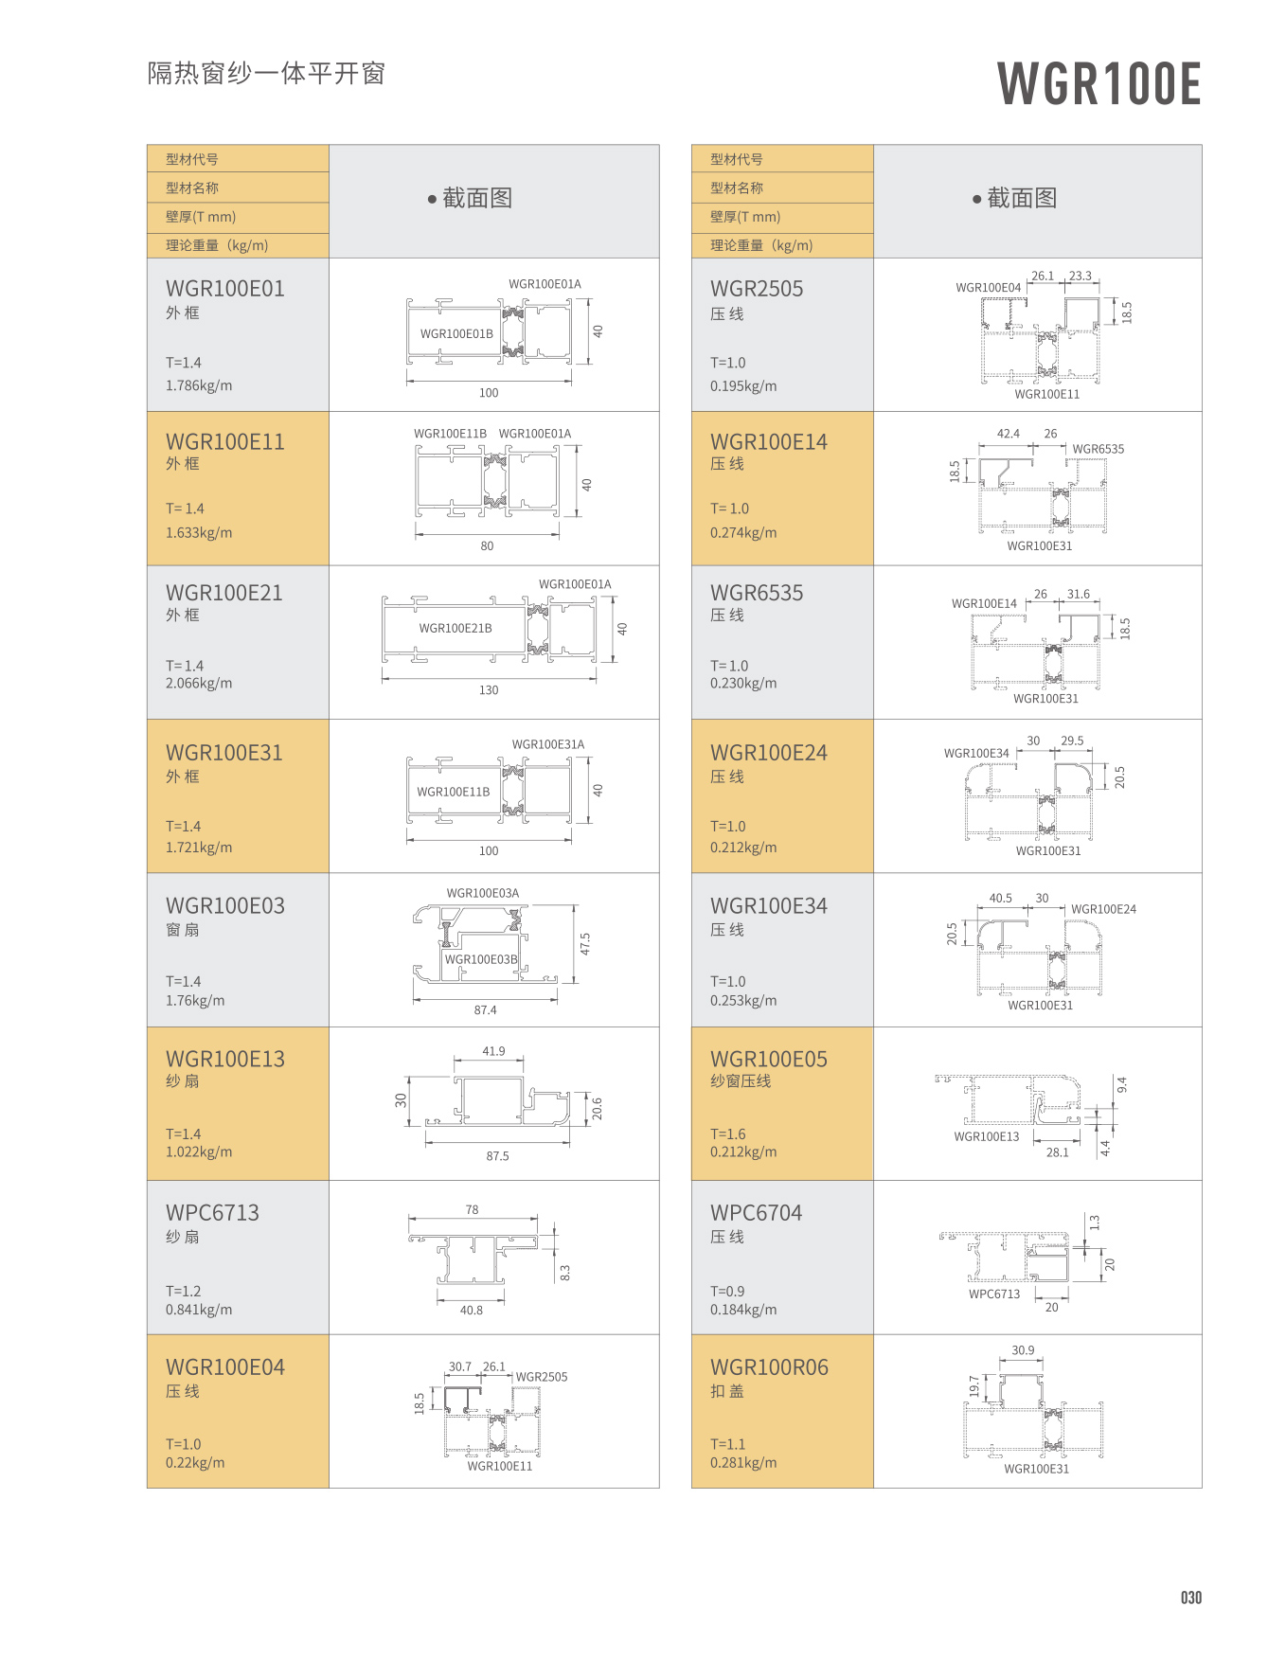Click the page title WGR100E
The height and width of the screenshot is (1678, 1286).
coord(1098,83)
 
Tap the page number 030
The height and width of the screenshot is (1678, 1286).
coord(1190,1598)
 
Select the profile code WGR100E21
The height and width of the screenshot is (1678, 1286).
coord(223,593)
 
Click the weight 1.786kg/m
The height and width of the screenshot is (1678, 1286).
coord(199,385)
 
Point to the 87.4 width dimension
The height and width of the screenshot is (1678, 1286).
coord(485,1010)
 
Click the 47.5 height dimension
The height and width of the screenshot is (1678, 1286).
coord(585,944)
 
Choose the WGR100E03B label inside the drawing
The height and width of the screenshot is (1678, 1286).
coord(481,959)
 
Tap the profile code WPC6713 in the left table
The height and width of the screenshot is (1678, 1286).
coord(212,1212)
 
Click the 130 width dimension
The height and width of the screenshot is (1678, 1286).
coord(489,690)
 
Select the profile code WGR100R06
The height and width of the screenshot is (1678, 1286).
coord(769,1367)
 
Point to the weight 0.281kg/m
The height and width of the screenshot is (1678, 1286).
coord(743,1462)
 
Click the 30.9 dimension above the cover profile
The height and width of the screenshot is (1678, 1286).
coord(1023,1350)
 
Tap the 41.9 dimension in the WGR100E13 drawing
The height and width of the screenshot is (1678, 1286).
coord(493,1051)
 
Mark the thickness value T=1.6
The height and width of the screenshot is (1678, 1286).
coord(728,1134)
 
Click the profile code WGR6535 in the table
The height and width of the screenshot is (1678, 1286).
coord(757,593)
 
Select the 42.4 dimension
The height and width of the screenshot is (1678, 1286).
coord(1009,434)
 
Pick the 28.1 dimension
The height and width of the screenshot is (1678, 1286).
coord(1057,1152)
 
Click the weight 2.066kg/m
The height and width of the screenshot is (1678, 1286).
coord(199,683)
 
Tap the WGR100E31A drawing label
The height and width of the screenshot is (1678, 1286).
coord(548,744)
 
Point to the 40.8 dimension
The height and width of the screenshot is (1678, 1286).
coord(472,1311)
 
